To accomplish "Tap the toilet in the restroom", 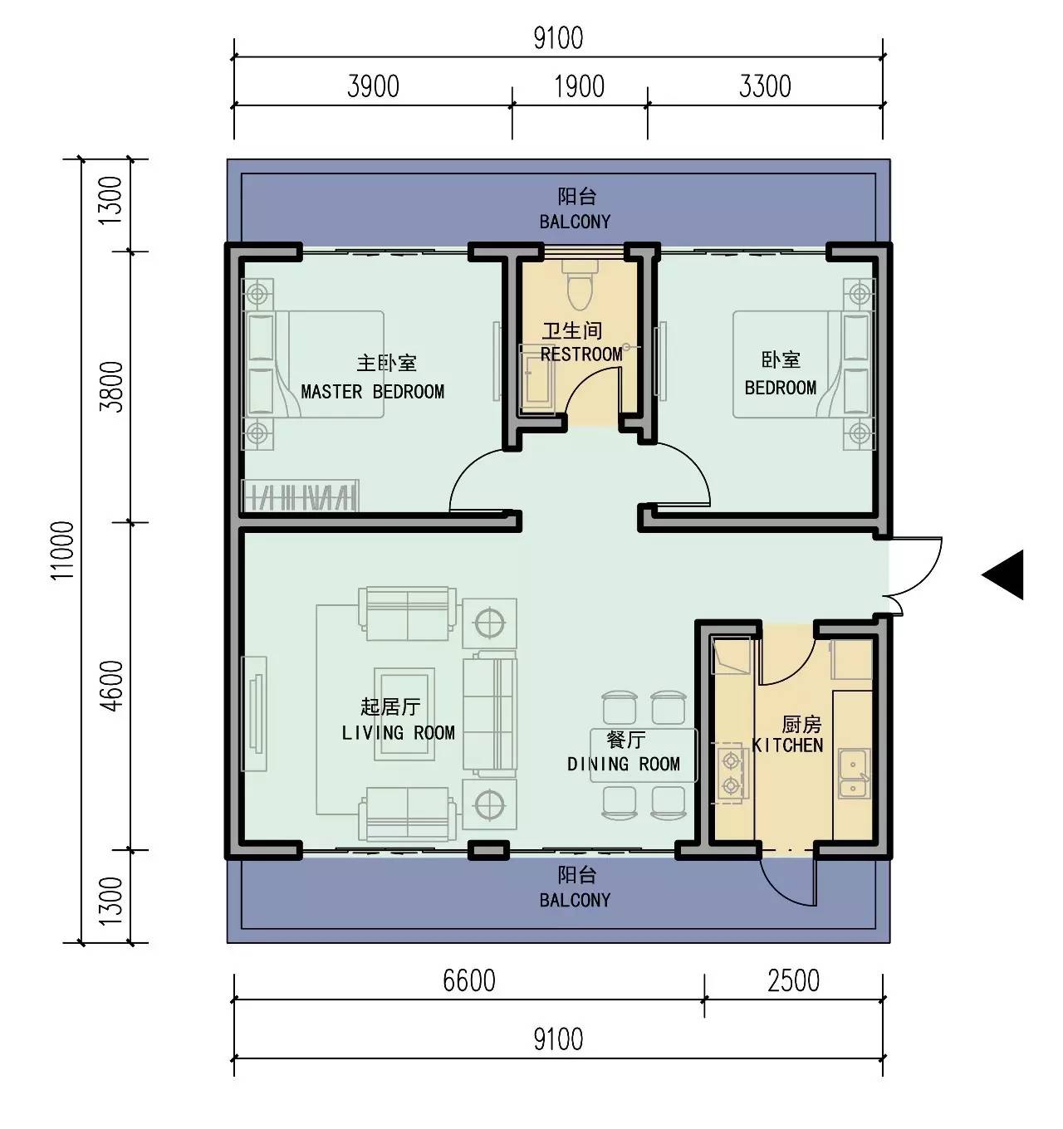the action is tap(580, 285).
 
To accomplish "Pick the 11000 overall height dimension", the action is tap(62, 550).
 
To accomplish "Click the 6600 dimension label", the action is tap(469, 980).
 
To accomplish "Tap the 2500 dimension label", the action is tap(793, 980).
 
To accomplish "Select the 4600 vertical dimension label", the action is tap(111, 686).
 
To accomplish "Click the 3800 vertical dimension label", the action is tap(111, 387).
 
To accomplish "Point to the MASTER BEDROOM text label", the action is tap(373, 392).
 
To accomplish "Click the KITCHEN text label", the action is tap(788, 745).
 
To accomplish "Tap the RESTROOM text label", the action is tap(581, 354).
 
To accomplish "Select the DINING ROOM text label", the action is tap(624, 764).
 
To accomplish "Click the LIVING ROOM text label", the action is tap(398, 733).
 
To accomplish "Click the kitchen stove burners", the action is tap(731, 773).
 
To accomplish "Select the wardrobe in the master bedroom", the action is tap(301, 496).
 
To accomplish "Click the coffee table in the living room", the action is tap(404, 714).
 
